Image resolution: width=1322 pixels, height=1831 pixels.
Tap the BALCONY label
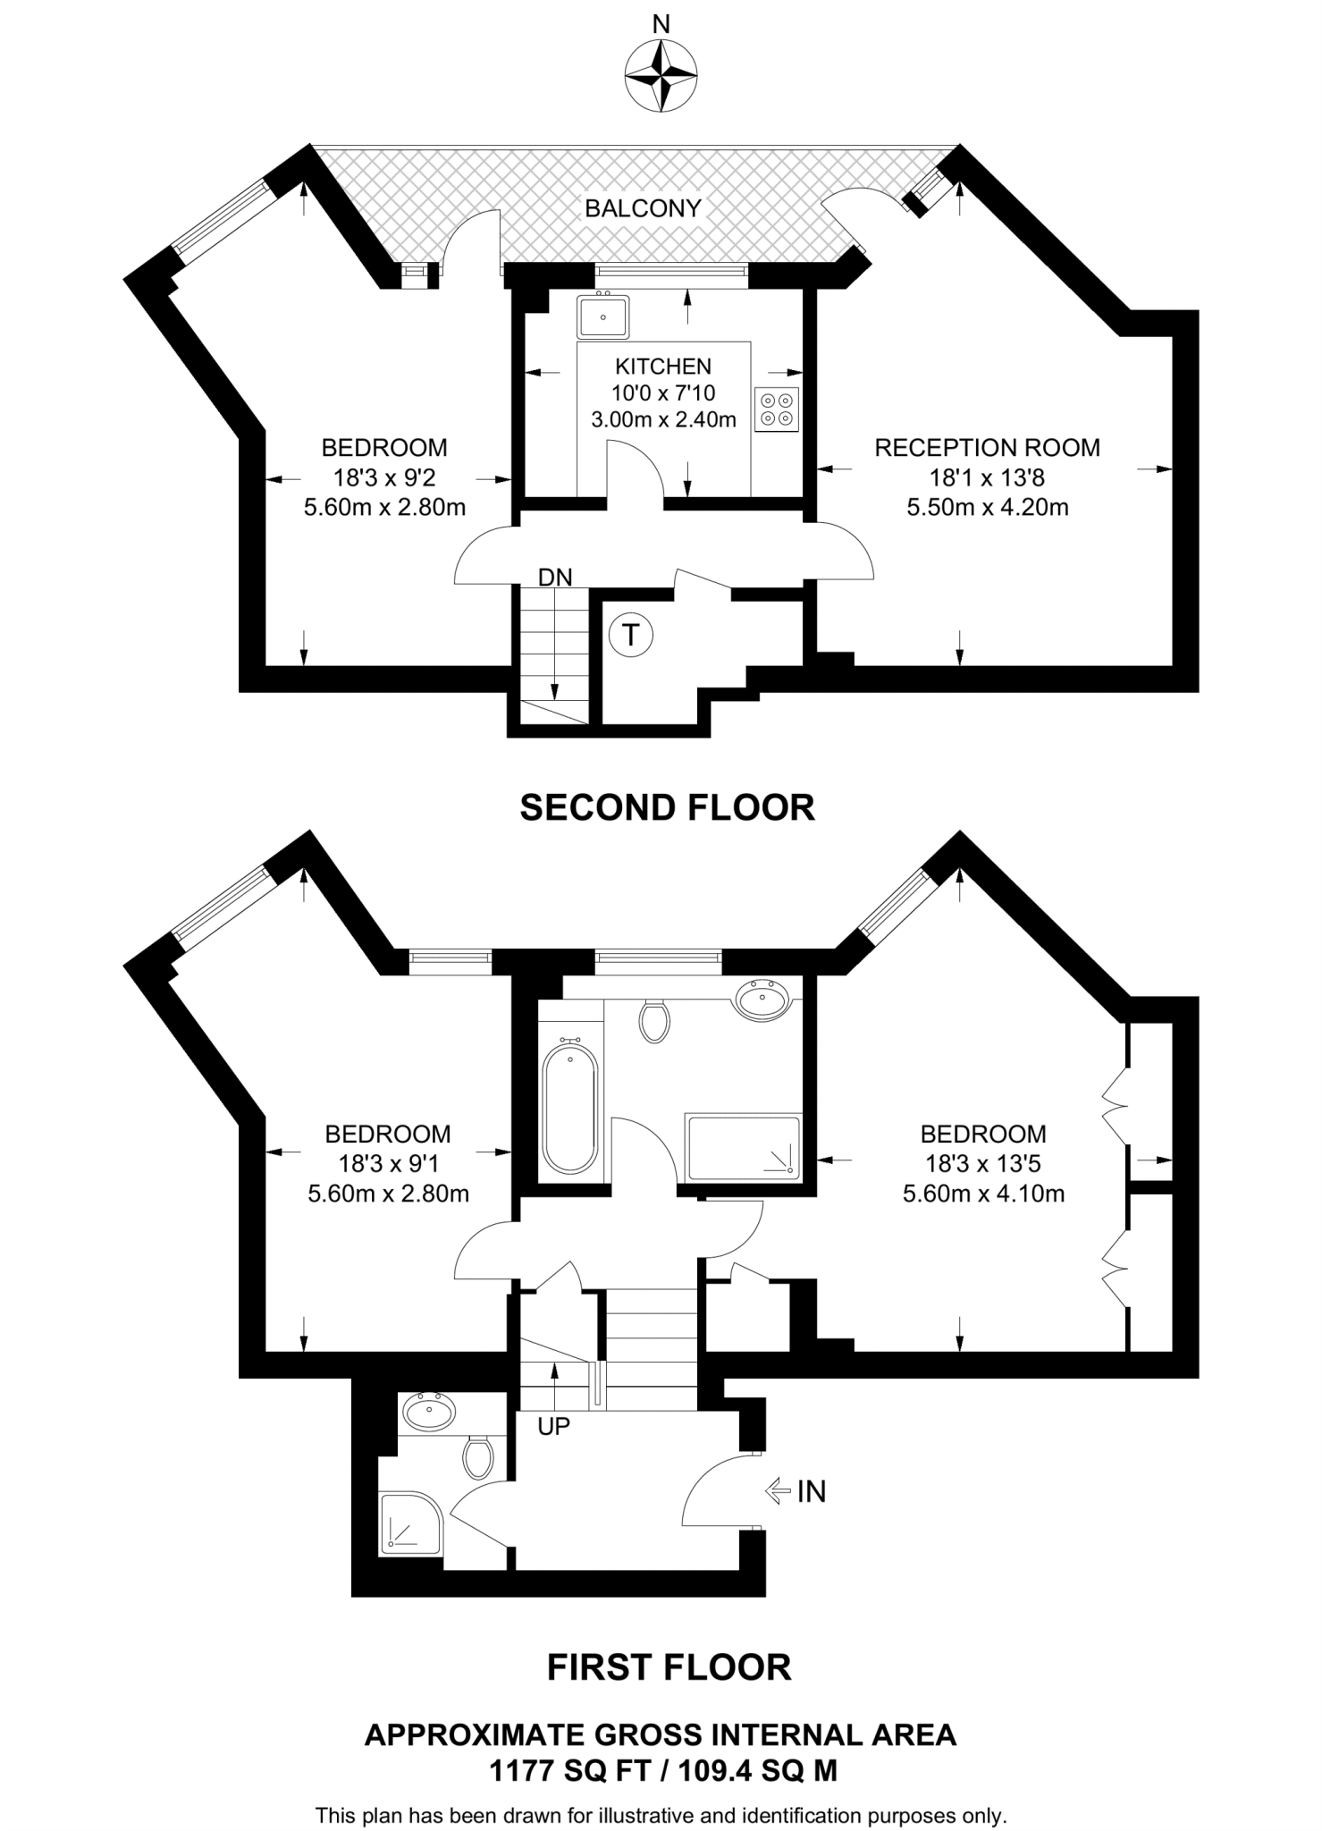643,208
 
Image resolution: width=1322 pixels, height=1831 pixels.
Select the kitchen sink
602,316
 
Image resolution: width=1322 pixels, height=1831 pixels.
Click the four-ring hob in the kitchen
776,409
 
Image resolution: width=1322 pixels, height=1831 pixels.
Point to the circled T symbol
631,636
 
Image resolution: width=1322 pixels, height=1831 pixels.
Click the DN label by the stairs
555,578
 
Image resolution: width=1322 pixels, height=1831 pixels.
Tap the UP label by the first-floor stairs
553,1427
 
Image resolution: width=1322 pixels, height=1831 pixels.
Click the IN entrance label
811,1491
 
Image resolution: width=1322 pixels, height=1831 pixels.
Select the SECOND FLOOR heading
667,807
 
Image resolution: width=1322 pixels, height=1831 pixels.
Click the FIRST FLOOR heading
669,1667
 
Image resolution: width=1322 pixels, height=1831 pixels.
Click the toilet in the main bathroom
655,1021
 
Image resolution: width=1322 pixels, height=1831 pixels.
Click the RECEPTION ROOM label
987,448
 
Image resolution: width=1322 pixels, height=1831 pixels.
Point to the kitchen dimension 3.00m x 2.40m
663,419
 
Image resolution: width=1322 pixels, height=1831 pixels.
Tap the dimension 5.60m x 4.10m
983,1194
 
